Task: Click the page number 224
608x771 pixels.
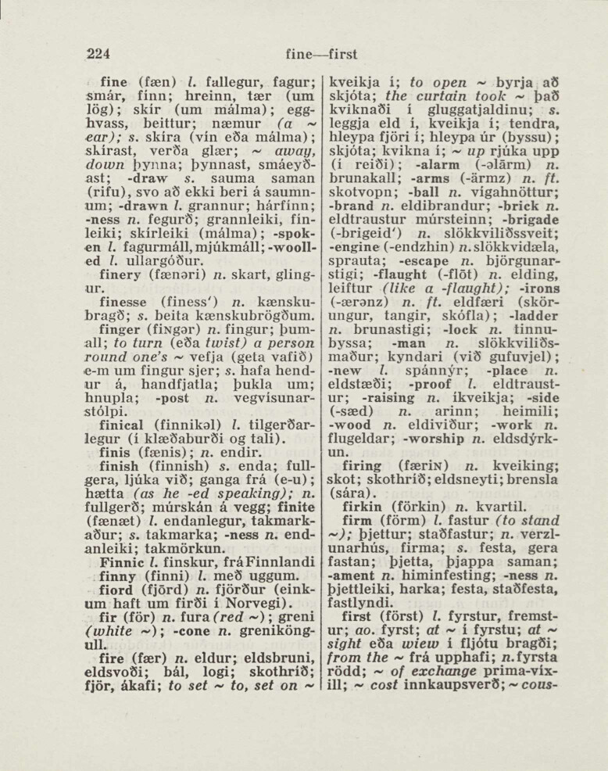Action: [98, 54]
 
